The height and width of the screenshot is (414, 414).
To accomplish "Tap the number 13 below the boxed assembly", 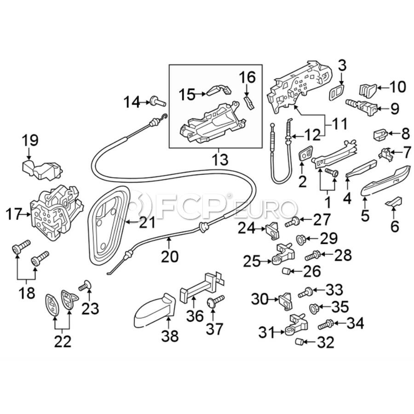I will point(220,160).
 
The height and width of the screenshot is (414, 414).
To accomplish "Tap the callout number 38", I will point(169,337).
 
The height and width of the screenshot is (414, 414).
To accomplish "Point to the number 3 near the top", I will point(341,65).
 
